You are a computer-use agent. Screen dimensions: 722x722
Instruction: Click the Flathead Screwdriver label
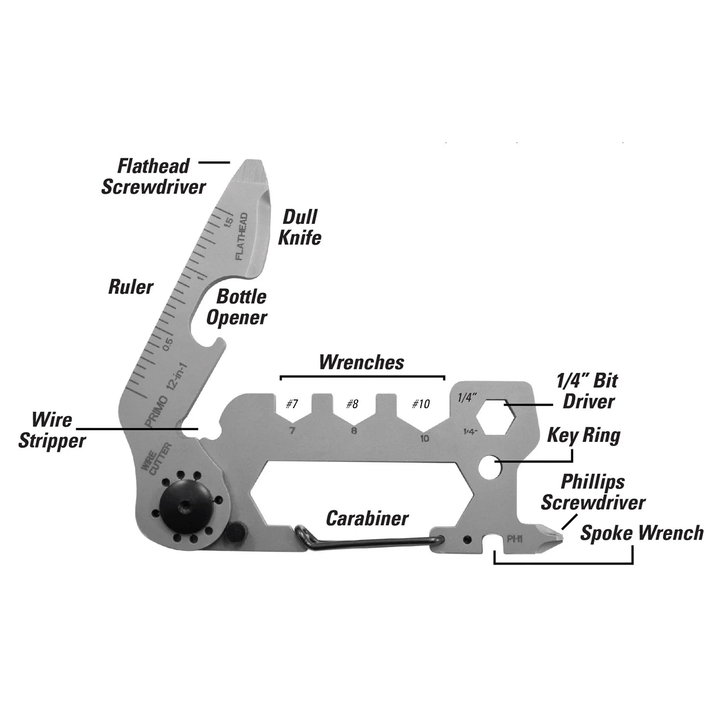154,177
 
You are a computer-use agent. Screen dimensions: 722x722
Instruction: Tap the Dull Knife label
300,227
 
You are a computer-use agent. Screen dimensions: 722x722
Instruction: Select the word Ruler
130,287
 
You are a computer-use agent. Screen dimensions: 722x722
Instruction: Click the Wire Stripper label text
52,430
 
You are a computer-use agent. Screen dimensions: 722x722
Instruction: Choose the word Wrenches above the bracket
361,362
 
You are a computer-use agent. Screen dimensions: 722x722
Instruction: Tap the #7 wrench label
292,403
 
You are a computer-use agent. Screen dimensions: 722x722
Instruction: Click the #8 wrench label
352,403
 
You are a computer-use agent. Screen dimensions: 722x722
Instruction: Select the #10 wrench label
421,403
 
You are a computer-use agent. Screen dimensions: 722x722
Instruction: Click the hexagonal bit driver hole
496,416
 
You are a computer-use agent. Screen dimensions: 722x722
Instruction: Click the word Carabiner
367,518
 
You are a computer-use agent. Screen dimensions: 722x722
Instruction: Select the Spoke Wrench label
642,533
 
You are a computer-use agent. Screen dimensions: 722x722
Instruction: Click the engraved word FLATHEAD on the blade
242,236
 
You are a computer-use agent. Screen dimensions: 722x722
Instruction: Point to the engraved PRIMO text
157,412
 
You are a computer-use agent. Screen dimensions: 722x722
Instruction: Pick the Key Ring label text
584,436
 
